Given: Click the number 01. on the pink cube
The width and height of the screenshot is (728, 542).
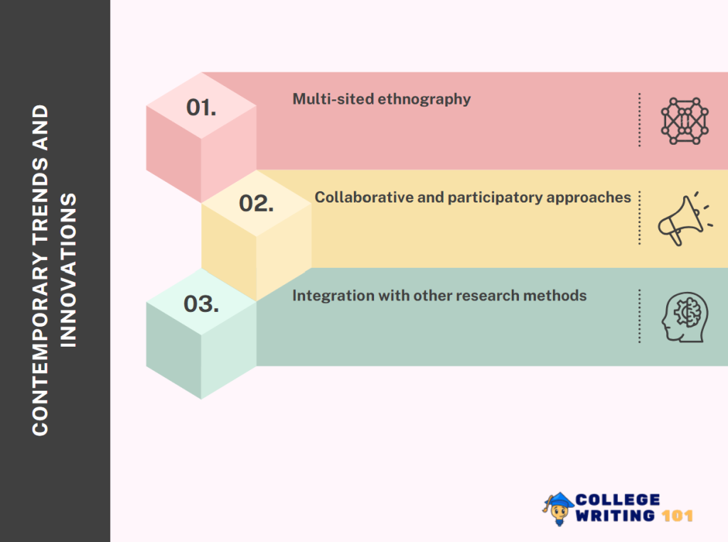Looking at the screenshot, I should [x=201, y=108].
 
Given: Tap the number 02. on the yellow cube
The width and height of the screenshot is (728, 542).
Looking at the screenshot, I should [x=257, y=204].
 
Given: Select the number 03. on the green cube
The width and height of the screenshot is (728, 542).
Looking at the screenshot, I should [x=201, y=304].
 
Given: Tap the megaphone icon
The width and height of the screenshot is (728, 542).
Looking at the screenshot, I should [x=681, y=218].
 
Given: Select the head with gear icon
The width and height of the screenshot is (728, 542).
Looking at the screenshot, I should [x=685, y=317].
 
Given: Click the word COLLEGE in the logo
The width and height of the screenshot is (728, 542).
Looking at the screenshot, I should [x=618, y=500].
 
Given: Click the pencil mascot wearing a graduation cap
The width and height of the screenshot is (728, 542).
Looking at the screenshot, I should [x=558, y=508].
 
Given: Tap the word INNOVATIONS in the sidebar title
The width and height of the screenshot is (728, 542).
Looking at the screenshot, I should [x=68, y=269].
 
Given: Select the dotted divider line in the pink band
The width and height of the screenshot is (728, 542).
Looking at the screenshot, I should [x=639, y=120].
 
